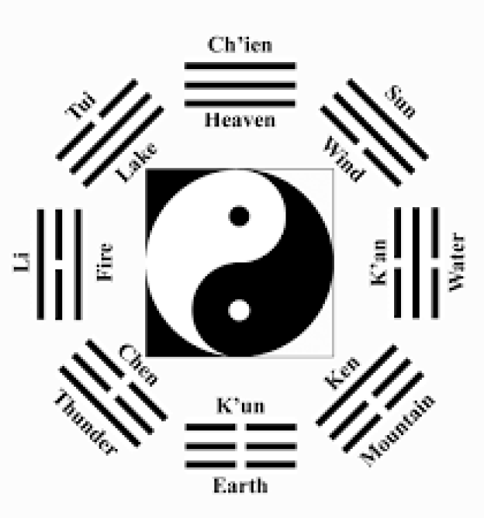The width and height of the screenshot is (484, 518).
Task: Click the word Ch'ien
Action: tap(240, 46)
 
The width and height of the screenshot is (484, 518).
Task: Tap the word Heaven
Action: tap(240, 120)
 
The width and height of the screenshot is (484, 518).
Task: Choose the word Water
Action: tap(456, 263)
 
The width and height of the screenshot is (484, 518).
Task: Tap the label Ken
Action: tap(343, 373)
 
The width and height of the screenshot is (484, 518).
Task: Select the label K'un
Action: tap(240, 405)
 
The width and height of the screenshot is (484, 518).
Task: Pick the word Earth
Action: tap(240, 485)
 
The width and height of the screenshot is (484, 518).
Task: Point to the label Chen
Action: tap(138, 365)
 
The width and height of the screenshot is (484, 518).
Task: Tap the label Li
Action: tap(21, 263)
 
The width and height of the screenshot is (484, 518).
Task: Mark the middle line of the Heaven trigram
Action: tap(240, 85)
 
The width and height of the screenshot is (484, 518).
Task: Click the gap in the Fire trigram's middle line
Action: tap(59, 263)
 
